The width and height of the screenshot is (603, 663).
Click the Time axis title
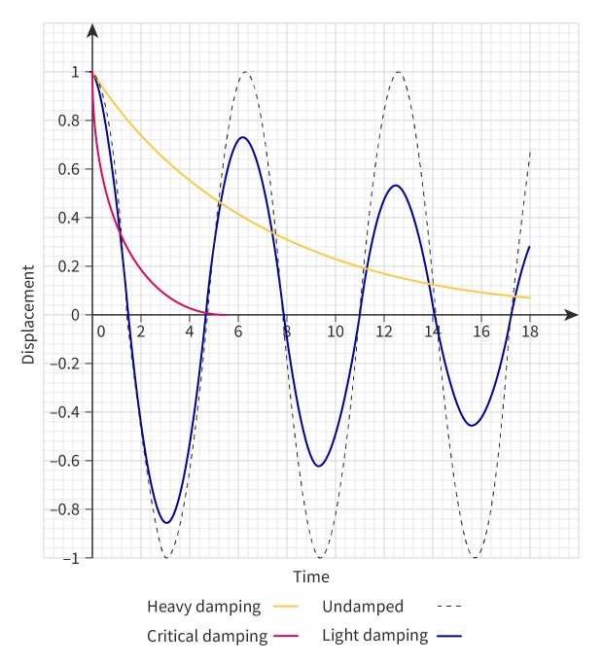pyautogui.click(x=311, y=577)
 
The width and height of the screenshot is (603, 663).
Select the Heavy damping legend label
pyautogui.click(x=204, y=607)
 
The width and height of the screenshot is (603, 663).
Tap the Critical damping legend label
pyautogui.click(x=207, y=637)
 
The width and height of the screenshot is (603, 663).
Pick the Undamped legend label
pyautogui.click(x=363, y=607)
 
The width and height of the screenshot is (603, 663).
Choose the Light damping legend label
pyautogui.click(x=374, y=637)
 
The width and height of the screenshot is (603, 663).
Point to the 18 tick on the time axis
pyautogui.click(x=530, y=331)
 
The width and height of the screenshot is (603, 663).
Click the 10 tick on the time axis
pyautogui.click(x=336, y=331)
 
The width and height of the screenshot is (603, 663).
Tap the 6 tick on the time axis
pyautogui.click(x=237, y=331)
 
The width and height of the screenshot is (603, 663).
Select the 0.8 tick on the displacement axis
pyautogui.click(x=70, y=121)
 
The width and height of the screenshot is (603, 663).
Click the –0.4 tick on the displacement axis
pyautogui.click(x=66, y=412)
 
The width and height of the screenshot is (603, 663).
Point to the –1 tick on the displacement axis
pyautogui.click(x=71, y=558)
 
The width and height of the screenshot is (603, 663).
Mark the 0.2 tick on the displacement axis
pyautogui.click(x=70, y=266)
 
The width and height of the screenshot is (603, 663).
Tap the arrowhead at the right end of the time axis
pyautogui.click(x=572, y=315)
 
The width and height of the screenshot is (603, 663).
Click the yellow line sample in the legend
pyautogui.click(x=286, y=608)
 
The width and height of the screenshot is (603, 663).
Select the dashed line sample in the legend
pyautogui.click(x=449, y=607)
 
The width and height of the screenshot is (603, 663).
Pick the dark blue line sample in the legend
pyautogui.click(x=449, y=637)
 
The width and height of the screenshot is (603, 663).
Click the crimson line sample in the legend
pyautogui.click(x=286, y=638)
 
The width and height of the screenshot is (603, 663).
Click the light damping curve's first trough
pyautogui.click(x=167, y=523)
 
